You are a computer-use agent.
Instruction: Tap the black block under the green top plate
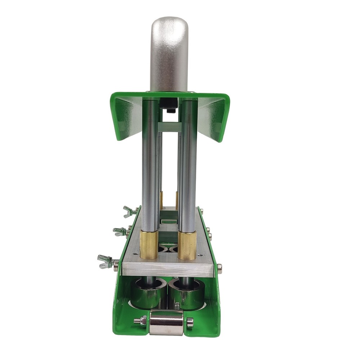coord(168,104)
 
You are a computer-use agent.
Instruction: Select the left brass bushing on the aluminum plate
coord(149,244)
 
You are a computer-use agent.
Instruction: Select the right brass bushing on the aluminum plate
coord(187,245)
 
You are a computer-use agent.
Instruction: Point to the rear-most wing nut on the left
coord(129,211)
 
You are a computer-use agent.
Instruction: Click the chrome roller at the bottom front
coord(166,322)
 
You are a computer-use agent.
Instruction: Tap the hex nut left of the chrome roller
coord(143,320)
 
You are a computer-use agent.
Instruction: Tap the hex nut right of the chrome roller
coord(190,322)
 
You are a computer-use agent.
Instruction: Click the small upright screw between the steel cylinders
coord(177,306)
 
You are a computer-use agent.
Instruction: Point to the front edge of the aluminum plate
coord(168,270)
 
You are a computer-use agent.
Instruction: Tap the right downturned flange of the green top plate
coord(215,119)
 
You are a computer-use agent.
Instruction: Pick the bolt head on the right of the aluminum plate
coord(219,267)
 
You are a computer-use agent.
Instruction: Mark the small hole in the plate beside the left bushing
coord(135,254)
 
